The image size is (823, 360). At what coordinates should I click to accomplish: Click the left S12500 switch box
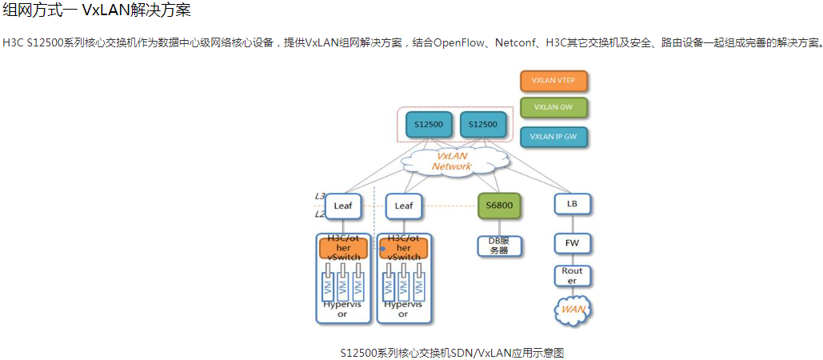click(429, 125)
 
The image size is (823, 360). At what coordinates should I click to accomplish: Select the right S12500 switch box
click(482, 125)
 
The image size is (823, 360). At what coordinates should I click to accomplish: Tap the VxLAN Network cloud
click(453, 161)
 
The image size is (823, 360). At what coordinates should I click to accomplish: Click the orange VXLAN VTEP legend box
click(553, 81)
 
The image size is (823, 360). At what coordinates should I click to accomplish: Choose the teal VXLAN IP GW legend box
click(553, 137)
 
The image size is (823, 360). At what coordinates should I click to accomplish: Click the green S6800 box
click(500, 206)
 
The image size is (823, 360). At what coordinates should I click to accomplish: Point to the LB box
click(572, 205)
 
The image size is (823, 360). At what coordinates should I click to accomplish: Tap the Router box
click(572, 276)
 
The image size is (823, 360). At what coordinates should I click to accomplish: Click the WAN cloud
click(573, 310)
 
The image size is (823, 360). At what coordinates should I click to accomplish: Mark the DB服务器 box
click(499, 246)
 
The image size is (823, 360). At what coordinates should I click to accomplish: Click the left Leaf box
click(343, 206)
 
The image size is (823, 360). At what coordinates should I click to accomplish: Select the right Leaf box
click(404, 206)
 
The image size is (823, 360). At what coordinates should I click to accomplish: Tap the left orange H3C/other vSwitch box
click(343, 248)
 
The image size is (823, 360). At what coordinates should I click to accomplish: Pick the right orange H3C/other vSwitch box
click(404, 248)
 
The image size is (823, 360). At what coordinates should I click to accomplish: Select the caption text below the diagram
click(452, 352)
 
